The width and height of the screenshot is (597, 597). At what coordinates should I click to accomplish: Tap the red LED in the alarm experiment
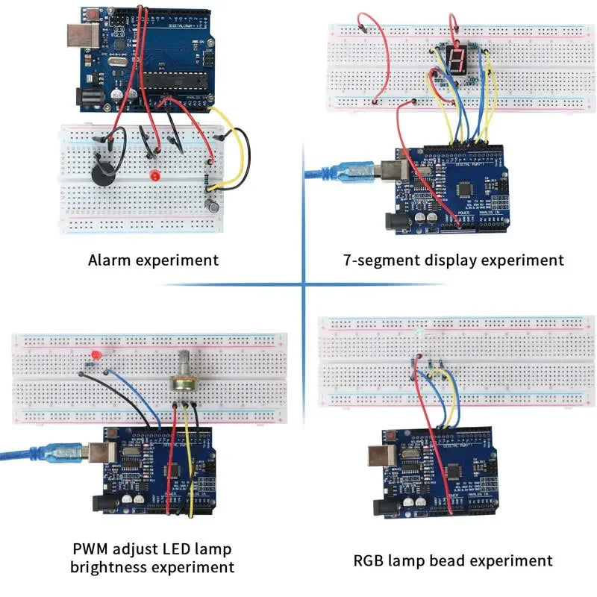(155, 176)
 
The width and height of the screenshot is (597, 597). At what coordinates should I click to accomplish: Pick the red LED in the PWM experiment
(94, 354)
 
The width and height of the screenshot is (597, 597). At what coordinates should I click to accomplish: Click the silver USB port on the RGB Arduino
(384, 455)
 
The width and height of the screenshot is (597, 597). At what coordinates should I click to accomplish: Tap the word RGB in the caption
(370, 560)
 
